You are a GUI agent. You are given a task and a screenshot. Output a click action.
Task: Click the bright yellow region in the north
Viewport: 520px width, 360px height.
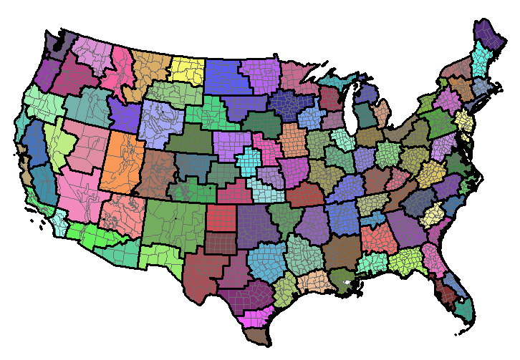188,69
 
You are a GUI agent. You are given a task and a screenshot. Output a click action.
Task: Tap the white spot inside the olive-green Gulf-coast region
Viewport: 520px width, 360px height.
348,284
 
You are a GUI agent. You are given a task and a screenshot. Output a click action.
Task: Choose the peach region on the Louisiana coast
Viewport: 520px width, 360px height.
313,281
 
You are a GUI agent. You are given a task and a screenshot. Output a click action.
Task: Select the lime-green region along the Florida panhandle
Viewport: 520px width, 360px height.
404,261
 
